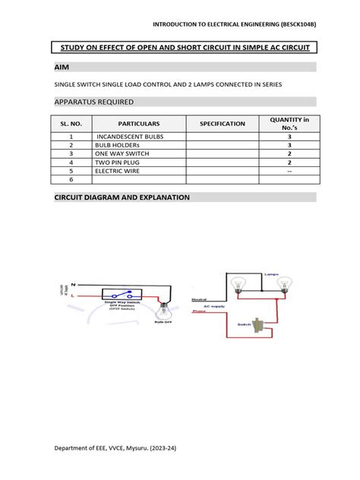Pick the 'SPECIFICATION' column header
223,123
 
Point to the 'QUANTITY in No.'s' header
289,123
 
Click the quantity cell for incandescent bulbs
289,136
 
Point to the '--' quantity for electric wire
289,171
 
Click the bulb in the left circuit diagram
163,310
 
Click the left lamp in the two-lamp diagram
238,284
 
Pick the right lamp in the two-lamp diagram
284,284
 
